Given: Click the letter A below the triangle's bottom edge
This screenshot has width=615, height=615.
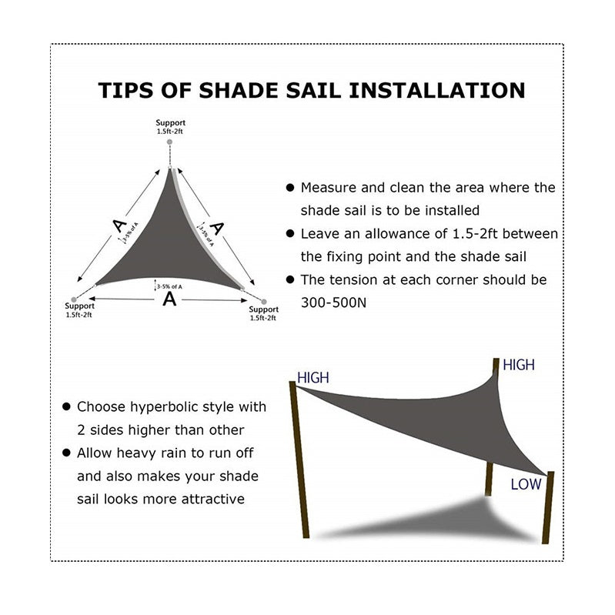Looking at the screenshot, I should point(169,299).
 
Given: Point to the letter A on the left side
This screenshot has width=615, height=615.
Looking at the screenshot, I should point(118,225).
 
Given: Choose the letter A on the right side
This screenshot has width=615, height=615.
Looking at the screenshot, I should point(218,228).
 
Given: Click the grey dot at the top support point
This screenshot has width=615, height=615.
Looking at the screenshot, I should point(170,144).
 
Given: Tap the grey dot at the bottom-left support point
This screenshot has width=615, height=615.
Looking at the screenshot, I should point(74,299).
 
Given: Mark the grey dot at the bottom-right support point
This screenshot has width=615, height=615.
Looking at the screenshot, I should point(263,302).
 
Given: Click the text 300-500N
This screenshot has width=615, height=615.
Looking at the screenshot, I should point(335,302).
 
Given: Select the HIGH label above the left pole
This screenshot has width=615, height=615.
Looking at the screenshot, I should point(313,378).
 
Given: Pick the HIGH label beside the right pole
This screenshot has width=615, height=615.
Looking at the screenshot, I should point(518,366).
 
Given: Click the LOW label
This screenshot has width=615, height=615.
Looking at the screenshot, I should point(526,484).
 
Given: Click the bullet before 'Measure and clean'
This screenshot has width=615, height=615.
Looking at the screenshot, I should point(290,188).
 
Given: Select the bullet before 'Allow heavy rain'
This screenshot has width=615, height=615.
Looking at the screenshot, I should point(67,453).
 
